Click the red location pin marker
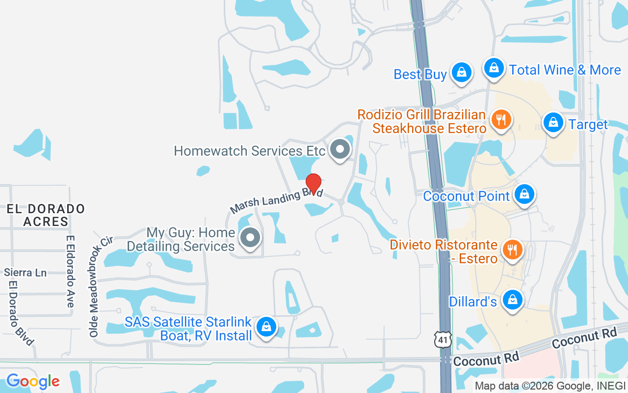click(x=314, y=183)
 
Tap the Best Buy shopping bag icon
click(x=461, y=73)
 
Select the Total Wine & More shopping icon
click(x=494, y=68)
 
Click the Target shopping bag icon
click(x=553, y=122)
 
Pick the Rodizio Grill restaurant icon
click(x=501, y=119)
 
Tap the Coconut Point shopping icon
click(x=524, y=194)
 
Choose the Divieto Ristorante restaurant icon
click(x=512, y=250)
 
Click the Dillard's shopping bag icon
click(x=513, y=299)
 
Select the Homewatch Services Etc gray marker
click(x=340, y=149)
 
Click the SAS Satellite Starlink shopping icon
click(x=266, y=326)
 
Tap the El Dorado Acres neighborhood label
click(x=46, y=215)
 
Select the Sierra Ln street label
click(x=25, y=272)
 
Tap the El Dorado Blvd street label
click(x=21, y=313)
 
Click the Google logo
click(x=33, y=381)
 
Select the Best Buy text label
click(x=420, y=75)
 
